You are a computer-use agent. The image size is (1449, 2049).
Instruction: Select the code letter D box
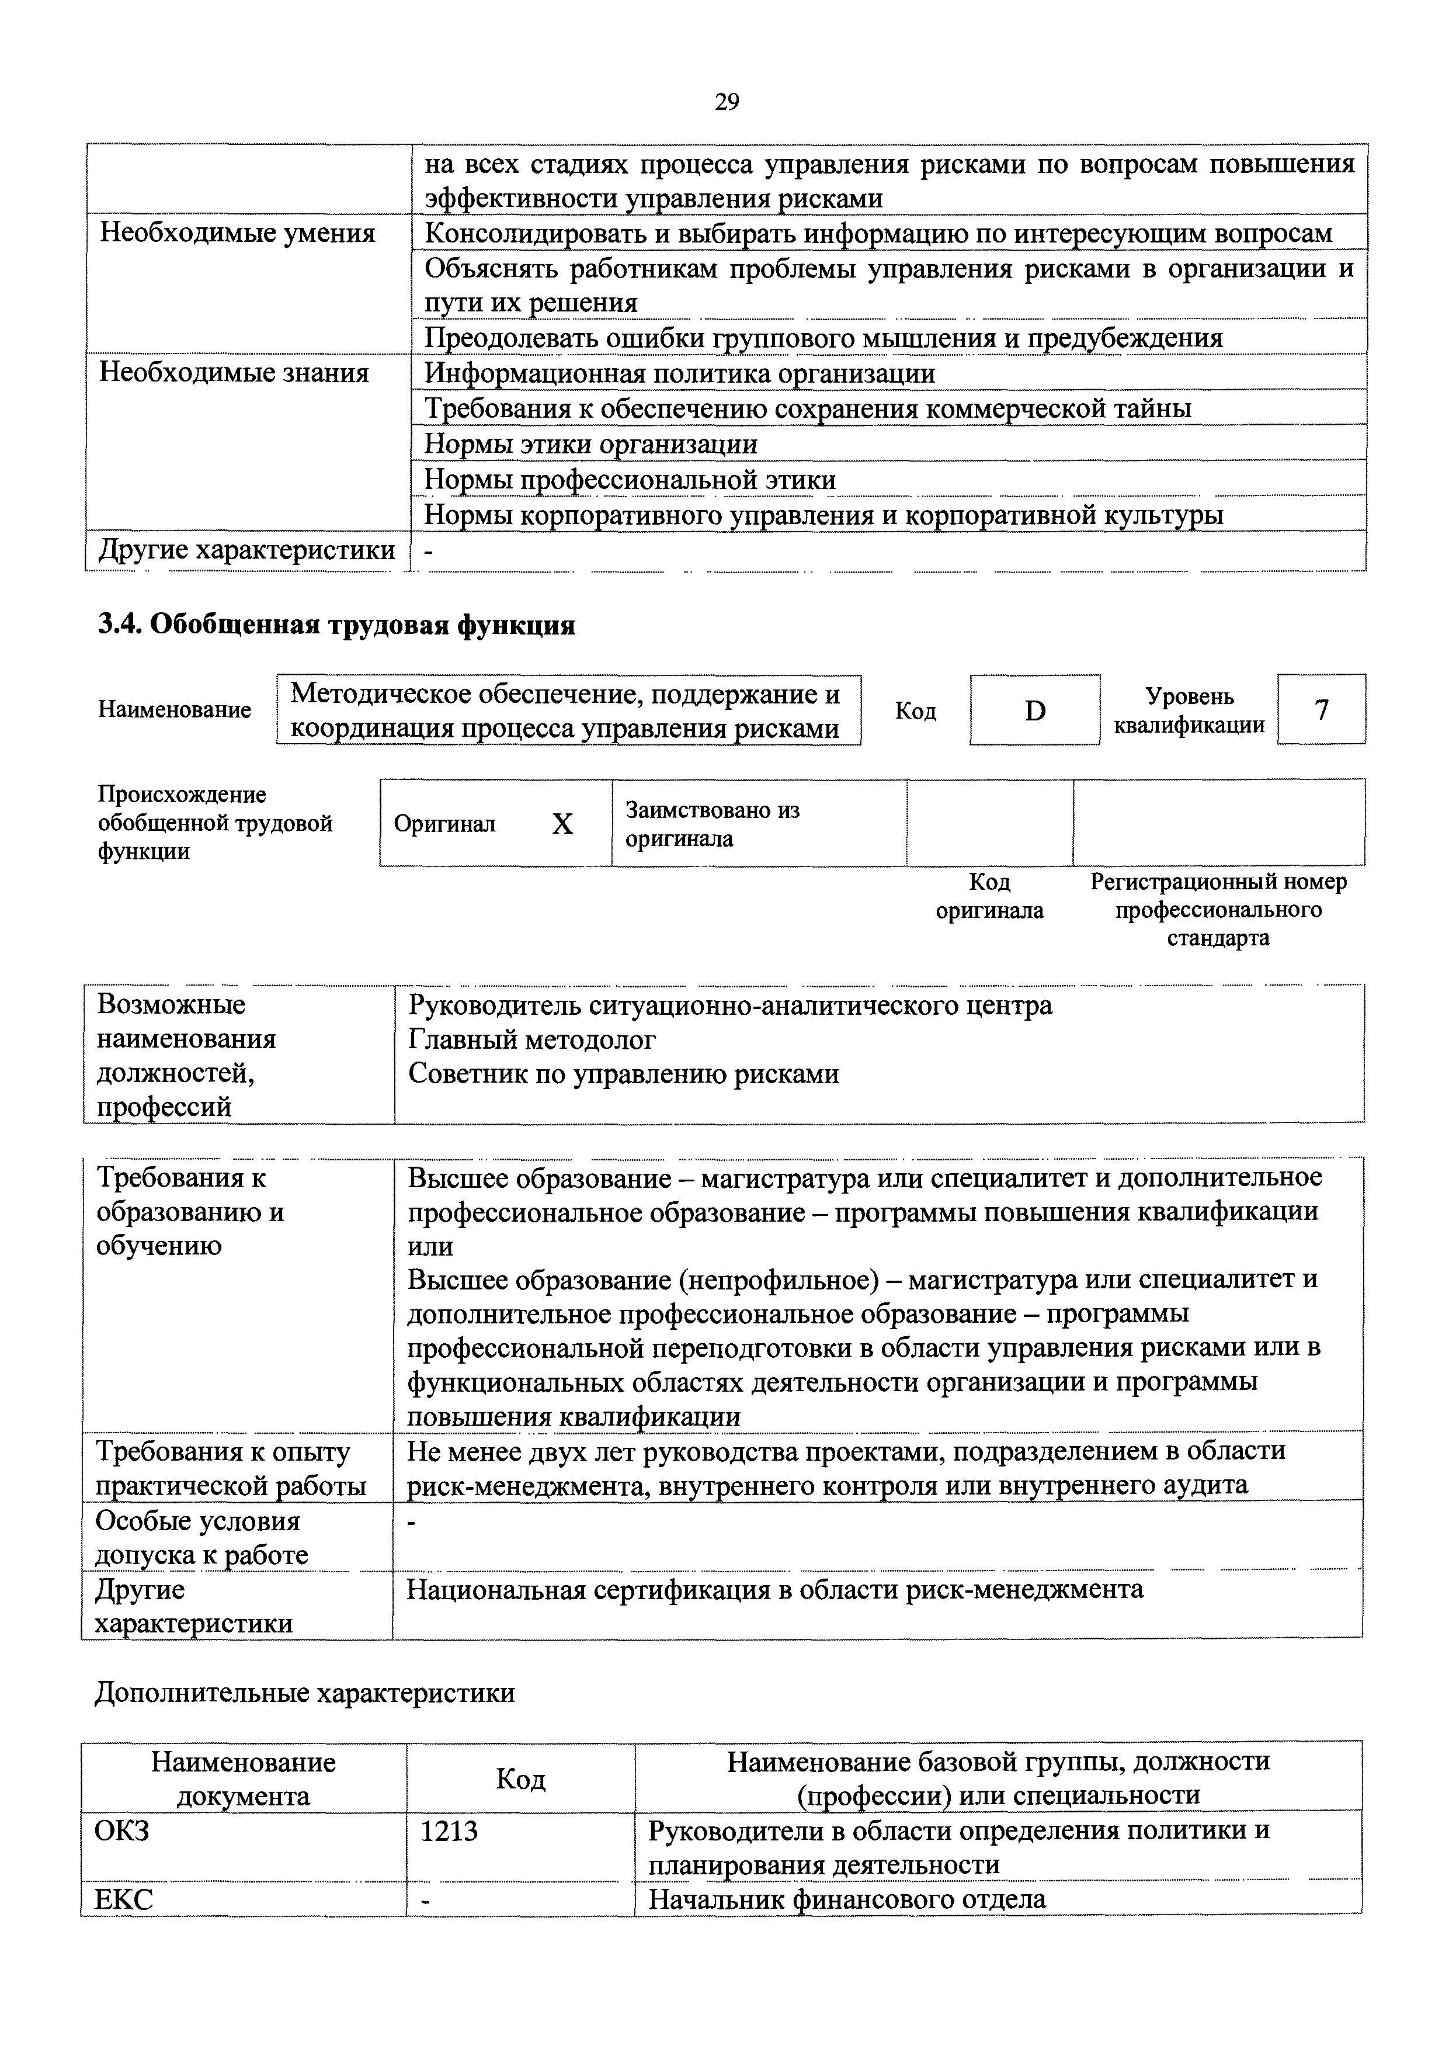pos(1034,710)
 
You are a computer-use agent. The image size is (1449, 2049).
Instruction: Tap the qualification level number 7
pos(1322,709)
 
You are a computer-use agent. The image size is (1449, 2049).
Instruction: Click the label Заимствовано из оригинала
pos(712,824)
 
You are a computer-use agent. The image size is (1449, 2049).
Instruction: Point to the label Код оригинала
pos(989,896)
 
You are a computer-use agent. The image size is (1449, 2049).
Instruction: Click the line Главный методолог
pos(532,1039)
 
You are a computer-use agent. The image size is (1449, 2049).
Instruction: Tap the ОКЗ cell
pos(122,1832)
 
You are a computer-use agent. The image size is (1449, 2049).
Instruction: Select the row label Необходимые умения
pos(237,234)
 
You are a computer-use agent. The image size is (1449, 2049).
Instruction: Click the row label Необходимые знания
pos(233,372)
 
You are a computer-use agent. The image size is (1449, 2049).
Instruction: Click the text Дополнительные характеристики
pos(304,1693)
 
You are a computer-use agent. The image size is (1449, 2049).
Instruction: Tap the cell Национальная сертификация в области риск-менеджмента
pos(774,1589)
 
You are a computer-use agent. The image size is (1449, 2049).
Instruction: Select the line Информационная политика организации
pos(679,373)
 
